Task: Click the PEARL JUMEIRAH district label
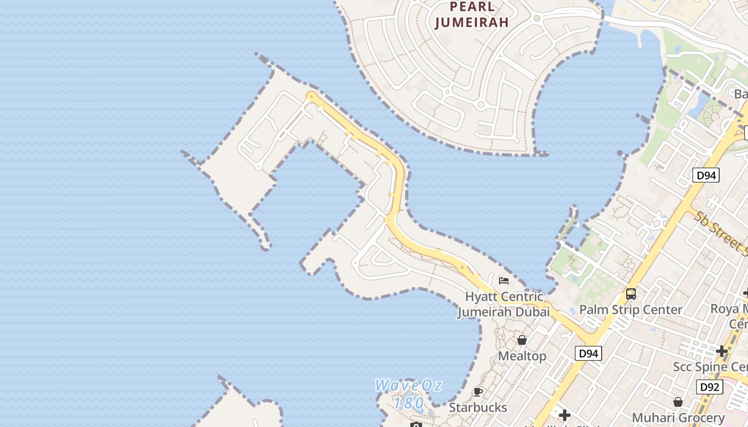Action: click(x=471, y=15)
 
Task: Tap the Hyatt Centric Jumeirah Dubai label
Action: click(x=503, y=304)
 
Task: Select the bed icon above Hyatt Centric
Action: click(x=503, y=281)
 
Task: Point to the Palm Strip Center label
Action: click(x=630, y=310)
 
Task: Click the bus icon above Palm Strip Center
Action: click(x=631, y=294)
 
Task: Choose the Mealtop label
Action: click(x=522, y=356)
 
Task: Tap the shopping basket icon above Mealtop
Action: click(x=522, y=340)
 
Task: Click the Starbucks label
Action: click(x=478, y=408)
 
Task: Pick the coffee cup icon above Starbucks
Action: click(x=478, y=392)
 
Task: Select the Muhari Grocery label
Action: click(x=678, y=417)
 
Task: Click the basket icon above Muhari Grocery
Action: click(x=678, y=402)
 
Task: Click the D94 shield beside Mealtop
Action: click(x=588, y=353)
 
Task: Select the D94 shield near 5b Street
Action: click(x=706, y=175)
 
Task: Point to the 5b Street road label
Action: click(x=721, y=232)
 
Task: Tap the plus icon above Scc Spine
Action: click(x=722, y=351)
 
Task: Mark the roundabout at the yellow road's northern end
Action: click(x=311, y=96)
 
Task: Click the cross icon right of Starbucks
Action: click(x=564, y=415)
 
